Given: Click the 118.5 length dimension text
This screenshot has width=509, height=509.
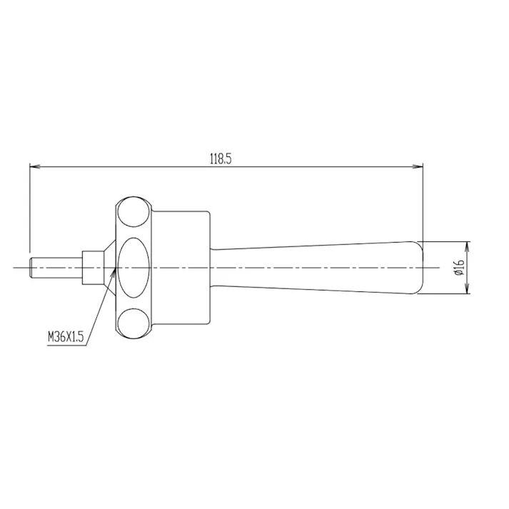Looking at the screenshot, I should click(221, 158).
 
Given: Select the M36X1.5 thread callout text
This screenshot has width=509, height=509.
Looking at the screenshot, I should click(65, 336).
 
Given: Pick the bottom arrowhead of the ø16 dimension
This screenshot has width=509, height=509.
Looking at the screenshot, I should click(468, 289).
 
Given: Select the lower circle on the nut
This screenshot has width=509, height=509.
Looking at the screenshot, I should click(133, 322).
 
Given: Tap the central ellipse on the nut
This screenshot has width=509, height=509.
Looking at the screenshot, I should click(133, 267).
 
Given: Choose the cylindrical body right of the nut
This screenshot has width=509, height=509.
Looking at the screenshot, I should click(182, 267).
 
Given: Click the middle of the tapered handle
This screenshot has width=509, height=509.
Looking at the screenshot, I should click(314, 267).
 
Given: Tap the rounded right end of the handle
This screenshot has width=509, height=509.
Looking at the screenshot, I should click(418, 267).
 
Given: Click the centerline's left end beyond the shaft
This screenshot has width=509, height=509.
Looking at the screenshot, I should click(18, 267).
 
